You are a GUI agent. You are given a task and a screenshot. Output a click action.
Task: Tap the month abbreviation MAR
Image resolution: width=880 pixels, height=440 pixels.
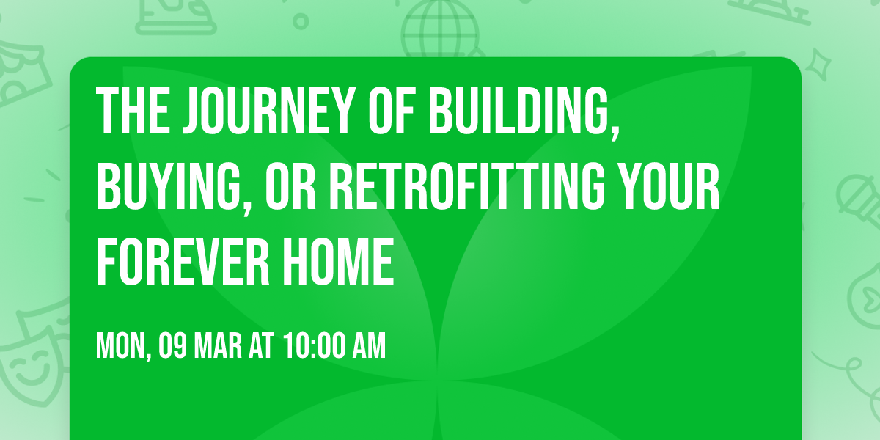[219, 346]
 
